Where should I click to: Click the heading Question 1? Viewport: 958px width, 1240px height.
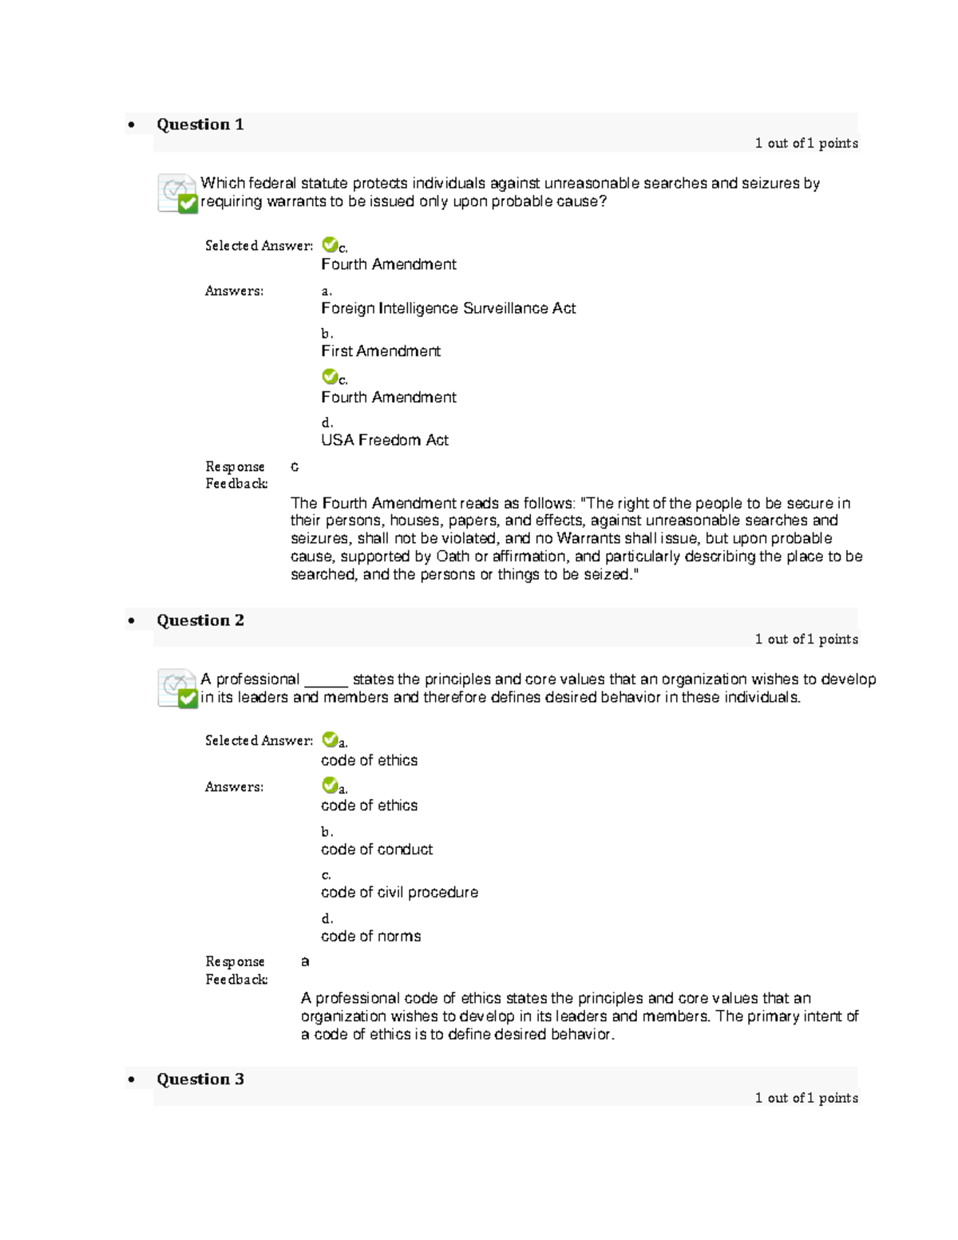point(200,125)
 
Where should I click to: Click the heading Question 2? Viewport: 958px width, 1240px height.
point(200,620)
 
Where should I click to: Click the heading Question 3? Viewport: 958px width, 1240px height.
point(200,1080)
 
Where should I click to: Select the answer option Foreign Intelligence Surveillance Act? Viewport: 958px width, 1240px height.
point(448,308)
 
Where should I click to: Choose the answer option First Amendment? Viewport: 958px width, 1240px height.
point(381,351)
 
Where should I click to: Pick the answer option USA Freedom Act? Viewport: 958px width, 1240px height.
point(385,440)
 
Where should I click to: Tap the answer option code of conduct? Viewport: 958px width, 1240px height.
point(377,850)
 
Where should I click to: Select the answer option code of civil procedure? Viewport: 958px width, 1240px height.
point(399,893)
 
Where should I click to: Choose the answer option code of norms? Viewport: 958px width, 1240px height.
point(370,936)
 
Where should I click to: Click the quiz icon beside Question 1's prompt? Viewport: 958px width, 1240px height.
point(176,193)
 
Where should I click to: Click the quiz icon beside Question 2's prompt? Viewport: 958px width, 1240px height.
point(176,688)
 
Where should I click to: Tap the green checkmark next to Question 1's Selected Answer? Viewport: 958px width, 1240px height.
point(329,244)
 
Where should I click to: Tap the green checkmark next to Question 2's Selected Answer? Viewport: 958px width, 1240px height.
point(329,739)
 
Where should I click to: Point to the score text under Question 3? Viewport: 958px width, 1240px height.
point(806,1098)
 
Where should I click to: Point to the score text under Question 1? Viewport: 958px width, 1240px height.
point(806,144)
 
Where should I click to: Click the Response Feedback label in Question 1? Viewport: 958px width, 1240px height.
point(236,475)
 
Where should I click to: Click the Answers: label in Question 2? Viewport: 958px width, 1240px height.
point(234,786)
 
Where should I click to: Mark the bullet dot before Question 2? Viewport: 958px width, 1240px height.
point(131,621)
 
